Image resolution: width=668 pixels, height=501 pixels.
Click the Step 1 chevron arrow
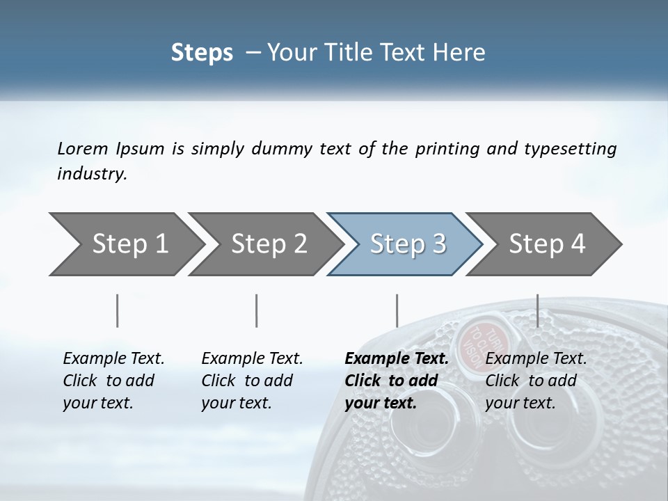[125, 244]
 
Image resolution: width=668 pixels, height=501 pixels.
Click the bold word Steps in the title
[202, 53]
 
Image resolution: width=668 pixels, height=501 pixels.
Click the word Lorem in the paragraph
[82, 149]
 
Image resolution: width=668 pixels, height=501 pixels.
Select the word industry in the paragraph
[92, 174]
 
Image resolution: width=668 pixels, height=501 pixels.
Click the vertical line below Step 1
[117, 310]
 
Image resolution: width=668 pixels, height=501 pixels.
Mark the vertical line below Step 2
[257, 310]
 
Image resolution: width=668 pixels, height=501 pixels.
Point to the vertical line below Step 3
[397, 310]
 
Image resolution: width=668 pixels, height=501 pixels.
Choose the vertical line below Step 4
[537, 310]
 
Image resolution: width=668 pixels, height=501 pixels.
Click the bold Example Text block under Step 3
[397, 381]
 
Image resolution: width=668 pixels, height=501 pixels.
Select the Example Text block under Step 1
[113, 381]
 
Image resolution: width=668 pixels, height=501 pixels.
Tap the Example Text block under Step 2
[252, 381]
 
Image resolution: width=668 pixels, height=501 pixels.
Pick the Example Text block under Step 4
[536, 381]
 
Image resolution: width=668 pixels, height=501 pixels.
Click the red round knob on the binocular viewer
[481, 342]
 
